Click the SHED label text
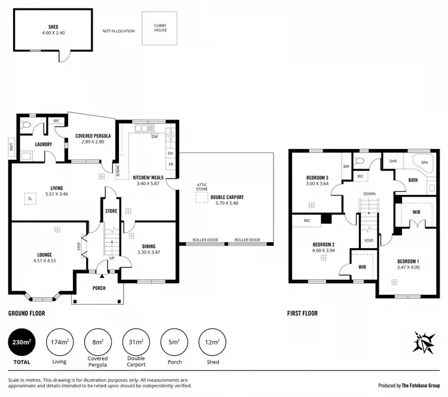[x=53, y=26]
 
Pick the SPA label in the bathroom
[x=425, y=163]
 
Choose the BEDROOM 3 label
[x=317, y=178]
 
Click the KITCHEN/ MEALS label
[x=148, y=178]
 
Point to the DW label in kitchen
[x=154, y=137]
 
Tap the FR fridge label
[x=170, y=164]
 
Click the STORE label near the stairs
[x=111, y=211]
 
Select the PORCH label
[x=99, y=288]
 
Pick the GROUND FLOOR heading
[x=26, y=313]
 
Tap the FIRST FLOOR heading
[x=302, y=313]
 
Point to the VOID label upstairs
[x=368, y=241]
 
